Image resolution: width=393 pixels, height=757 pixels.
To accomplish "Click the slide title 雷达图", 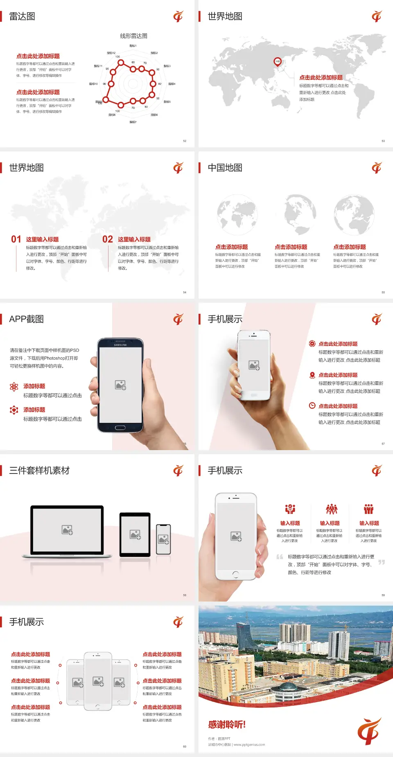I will click(x=22, y=16).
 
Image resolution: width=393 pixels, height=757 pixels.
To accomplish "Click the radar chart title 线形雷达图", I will click(x=133, y=36).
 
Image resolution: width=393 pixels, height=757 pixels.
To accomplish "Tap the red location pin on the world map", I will click(x=278, y=62).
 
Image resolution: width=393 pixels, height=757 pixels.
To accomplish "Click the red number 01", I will click(x=16, y=239).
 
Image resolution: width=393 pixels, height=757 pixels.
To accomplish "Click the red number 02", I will click(x=108, y=239).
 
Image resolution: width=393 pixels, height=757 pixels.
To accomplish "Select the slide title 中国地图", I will click(x=225, y=168).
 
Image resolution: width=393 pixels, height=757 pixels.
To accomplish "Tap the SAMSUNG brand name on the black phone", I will click(x=120, y=345).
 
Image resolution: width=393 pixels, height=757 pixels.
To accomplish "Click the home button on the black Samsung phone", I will click(x=120, y=428).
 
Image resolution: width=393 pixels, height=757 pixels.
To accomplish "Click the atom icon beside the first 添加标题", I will click(x=14, y=387).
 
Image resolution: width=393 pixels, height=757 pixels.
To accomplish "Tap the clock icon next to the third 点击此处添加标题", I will click(x=312, y=406).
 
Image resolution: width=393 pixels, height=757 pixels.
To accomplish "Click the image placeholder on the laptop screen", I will click(x=67, y=530).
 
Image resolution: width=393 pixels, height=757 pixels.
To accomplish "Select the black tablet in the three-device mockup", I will click(x=135, y=534).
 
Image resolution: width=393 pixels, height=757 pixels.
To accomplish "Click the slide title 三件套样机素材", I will click(x=39, y=471).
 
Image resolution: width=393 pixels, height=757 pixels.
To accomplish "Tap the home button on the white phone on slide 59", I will click(x=235, y=575).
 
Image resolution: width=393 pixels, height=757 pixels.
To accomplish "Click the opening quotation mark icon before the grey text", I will click(x=280, y=557).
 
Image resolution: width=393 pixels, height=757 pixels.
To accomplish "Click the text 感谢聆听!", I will click(x=227, y=725).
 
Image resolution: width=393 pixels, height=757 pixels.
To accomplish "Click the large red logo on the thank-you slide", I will click(x=369, y=731).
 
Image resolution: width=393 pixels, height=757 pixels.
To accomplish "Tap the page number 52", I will click(x=185, y=141).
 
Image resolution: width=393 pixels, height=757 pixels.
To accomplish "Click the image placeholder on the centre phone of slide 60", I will click(x=98, y=681).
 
